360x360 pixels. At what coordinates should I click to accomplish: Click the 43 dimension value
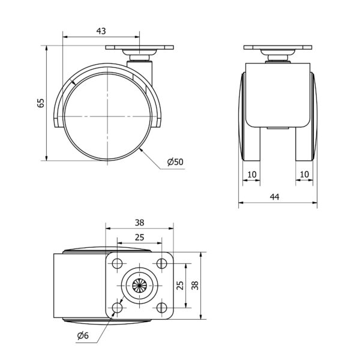[x=101, y=31]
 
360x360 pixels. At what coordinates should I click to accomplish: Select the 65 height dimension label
[x=41, y=103]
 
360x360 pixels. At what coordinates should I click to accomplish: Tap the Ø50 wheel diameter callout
[x=175, y=162]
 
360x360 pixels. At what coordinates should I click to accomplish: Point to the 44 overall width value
[x=275, y=197]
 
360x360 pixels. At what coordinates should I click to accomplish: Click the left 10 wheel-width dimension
[x=252, y=175]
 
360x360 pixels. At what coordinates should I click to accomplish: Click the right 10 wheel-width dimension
[x=304, y=175]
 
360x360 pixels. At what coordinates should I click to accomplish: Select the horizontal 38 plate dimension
[x=139, y=223]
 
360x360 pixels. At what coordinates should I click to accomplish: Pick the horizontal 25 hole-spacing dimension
[x=139, y=237]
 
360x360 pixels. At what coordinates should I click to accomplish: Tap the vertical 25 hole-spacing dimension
[x=181, y=285]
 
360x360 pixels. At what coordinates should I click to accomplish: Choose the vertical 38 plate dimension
[x=195, y=285]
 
